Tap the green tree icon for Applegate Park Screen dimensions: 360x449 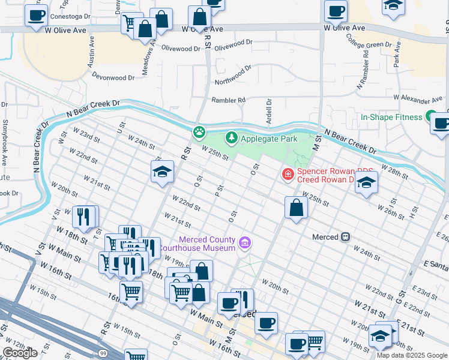click(x=231, y=139)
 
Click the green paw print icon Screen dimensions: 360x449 click(x=199, y=131)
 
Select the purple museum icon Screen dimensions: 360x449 click(x=244, y=243)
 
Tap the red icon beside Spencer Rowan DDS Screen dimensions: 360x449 click(x=288, y=175)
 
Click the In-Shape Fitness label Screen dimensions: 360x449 click(x=391, y=117)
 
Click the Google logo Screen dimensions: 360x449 click(x=20, y=353)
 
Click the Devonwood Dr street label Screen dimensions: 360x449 click(x=113, y=77)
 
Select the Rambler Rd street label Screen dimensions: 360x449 click(x=228, y=100)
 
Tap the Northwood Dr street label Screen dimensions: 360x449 click(x=233, y=76)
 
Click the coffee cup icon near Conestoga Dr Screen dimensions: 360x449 click(x=36, y=16)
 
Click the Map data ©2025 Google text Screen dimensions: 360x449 click(x=412, y=355)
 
